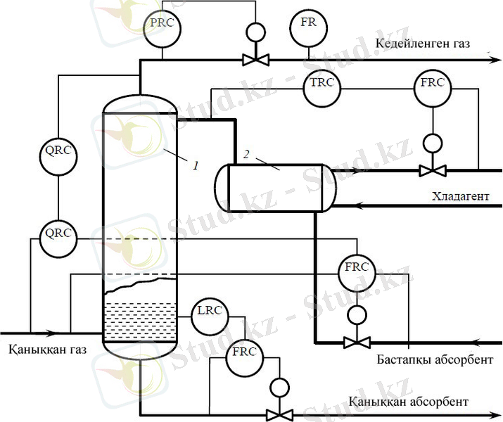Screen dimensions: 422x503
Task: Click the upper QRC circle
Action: coord(57,156)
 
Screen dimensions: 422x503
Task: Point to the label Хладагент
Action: coord(461,196)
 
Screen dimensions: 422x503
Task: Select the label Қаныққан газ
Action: coord(45,349)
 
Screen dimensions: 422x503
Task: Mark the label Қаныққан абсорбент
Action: coord(407,402)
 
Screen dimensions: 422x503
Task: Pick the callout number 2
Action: coord(246,153)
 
